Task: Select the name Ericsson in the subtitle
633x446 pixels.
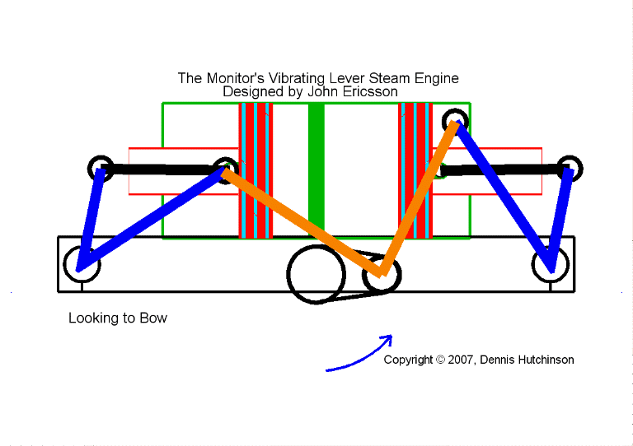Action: tap(371, 92)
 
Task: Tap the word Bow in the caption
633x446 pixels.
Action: tap(153, 318)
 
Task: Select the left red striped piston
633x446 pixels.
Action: tap(255, 170)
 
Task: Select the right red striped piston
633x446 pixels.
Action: tap(415, 170)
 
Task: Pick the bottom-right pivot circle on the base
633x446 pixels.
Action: tap(550, 262)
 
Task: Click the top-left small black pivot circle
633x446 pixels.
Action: tap(101, 169)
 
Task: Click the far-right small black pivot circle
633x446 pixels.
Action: tap(569, 169)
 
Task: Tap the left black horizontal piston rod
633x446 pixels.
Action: tap(161, 170)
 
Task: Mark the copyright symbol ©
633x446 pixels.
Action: tap(440, 360)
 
